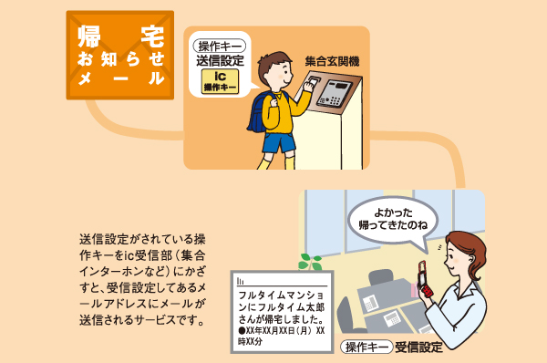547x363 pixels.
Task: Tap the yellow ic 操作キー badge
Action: (x=221, y=80)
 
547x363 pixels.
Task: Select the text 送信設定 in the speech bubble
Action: (x=221, y=61)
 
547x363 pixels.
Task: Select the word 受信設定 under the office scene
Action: (x=420, y=347)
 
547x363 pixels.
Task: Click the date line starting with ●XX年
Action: (x=278, y=330)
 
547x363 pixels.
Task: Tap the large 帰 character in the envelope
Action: (x=89, y=37)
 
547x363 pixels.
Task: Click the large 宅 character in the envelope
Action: (x=151, y=37)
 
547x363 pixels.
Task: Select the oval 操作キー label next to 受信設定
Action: (x=366, y=347)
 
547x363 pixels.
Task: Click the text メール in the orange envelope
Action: (x=121, y=79)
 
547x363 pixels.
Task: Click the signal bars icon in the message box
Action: (x=240, y=285)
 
